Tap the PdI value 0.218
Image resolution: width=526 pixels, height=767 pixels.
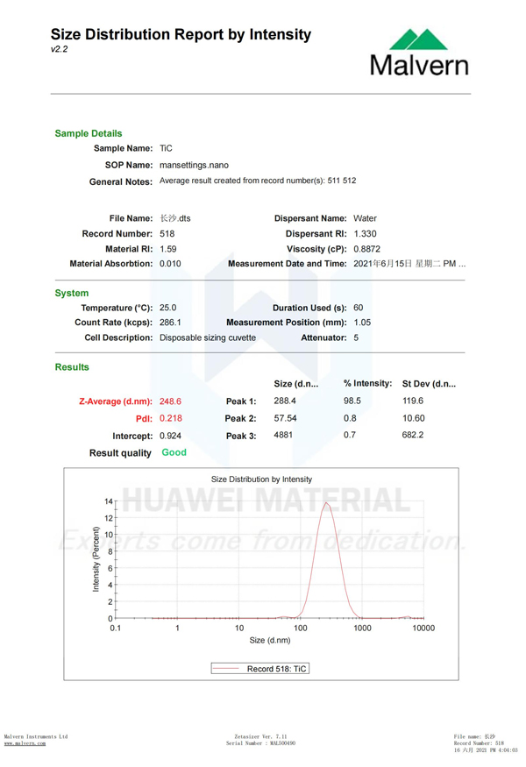pos(170,418)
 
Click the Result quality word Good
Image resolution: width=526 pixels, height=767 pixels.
pos(174,453)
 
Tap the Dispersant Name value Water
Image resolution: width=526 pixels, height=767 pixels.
pos(365,218)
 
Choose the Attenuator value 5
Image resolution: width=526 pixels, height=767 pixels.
pos(356,337)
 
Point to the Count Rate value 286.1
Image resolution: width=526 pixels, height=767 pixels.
pos(170,323)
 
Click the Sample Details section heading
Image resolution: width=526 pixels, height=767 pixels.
pos(89,133)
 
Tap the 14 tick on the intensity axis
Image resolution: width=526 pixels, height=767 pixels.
pos(109,501)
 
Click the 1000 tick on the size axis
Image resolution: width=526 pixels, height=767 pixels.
pos(362,628)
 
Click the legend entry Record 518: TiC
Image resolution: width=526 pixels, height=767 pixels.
pos(261,668)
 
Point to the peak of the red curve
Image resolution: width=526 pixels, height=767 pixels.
pos(327,503)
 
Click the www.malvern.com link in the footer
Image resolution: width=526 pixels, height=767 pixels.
pos(25,743)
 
